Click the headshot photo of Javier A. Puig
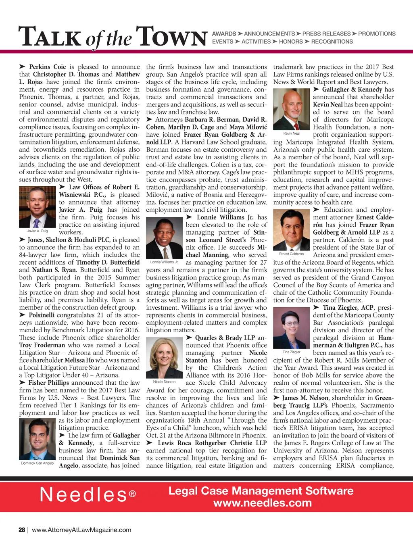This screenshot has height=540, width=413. coord(38,207)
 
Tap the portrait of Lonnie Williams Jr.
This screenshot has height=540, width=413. coord(164,238)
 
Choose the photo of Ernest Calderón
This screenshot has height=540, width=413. coord(291,229)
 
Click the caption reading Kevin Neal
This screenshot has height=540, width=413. coord(291,133)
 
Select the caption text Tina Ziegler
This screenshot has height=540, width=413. coord(291,352)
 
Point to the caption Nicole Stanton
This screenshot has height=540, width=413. coord(164,382)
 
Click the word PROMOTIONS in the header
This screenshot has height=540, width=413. coord(377,34)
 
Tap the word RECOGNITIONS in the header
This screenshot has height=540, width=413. coord(332,42)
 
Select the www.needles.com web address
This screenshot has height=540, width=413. coord(262,503)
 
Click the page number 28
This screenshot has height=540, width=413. coord(22,530)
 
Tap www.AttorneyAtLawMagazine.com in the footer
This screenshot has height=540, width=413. coord(81,530)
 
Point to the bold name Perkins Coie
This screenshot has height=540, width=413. coord(47,67)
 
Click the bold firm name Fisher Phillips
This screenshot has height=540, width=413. coord(48,383)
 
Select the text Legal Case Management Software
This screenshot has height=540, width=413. coord(261,491)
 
